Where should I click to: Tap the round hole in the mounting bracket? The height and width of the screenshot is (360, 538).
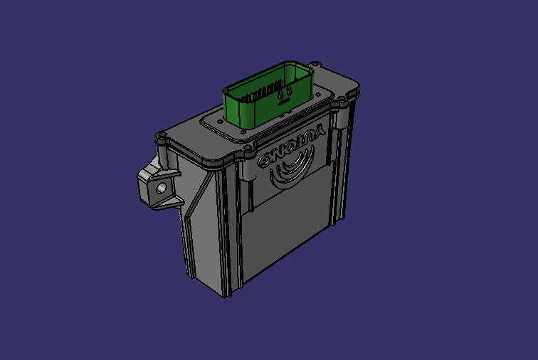pyautogui.click(x=162, y=188)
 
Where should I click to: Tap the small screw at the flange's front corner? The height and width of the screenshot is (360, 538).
pyautogui.click(x=245, y=131)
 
